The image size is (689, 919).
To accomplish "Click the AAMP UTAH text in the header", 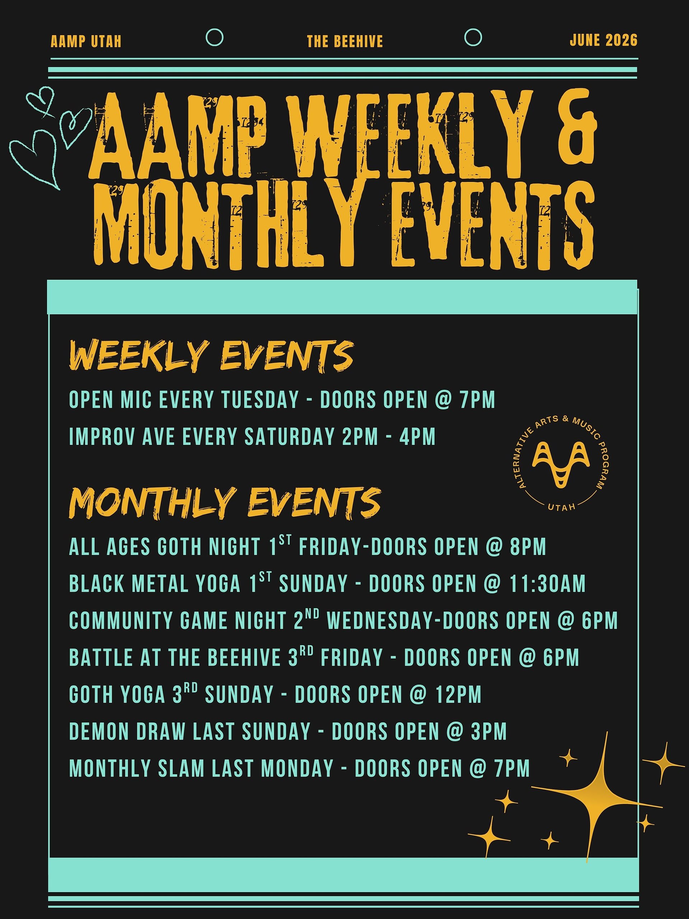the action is (86, 42).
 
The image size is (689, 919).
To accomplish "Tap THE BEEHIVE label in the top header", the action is (345, 42).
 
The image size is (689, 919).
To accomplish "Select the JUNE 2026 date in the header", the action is (604, 40).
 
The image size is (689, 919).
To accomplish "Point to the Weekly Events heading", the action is (211, 356).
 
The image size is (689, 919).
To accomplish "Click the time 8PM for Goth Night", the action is (528, 547).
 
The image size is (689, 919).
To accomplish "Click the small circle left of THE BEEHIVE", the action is (215, 37).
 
